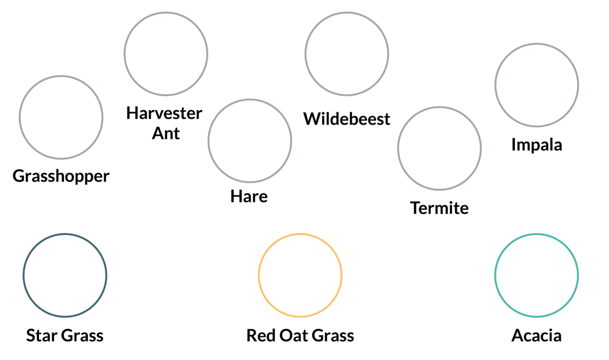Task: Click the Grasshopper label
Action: (x=61, y=176)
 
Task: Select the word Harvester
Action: (x=164, y=113)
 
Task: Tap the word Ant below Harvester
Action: (x=166, y=133)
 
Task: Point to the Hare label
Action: (x=248, y=196)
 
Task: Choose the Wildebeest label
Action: (x=347, y=119)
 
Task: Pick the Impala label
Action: (x=536, y=145)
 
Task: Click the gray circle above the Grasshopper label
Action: (x=61, y=117)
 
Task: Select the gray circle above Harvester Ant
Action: (x=165, y=53)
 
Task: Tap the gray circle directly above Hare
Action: (x=250, y=140)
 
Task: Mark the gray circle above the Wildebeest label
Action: (x=347, y=53)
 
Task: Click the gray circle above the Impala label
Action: (x=536, y=84)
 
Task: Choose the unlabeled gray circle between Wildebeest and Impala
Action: (x=439, y=148)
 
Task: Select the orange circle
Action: (x=300, y=275)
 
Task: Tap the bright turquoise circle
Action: (x=536, y=275)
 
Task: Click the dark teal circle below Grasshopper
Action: (x=65, y=275)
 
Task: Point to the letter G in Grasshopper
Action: (x=19, y=176)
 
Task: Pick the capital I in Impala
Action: (x=514, y=145)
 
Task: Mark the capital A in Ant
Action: (x=157, y=133)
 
